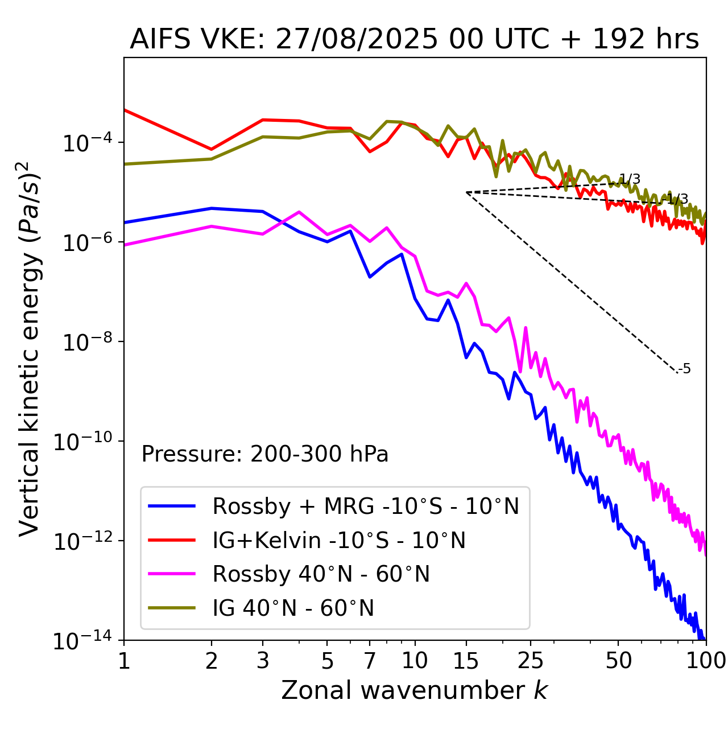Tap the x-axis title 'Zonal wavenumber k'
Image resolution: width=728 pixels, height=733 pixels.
414,690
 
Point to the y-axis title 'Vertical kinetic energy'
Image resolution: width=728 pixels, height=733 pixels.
30,348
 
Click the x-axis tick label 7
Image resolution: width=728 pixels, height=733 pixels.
370,660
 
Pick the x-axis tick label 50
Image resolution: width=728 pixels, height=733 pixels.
618,660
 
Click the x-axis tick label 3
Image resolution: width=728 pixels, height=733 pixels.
263,660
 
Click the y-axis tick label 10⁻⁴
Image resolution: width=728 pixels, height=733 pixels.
85,143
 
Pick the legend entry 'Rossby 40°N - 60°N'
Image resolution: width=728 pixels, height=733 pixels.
321,574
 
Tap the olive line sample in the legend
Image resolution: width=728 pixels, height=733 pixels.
172,608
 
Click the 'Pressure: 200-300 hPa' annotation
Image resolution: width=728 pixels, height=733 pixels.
265,454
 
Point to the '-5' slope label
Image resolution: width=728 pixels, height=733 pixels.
684,369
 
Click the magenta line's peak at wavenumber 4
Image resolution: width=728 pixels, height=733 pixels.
299,212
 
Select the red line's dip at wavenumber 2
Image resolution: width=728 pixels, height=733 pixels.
212,150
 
